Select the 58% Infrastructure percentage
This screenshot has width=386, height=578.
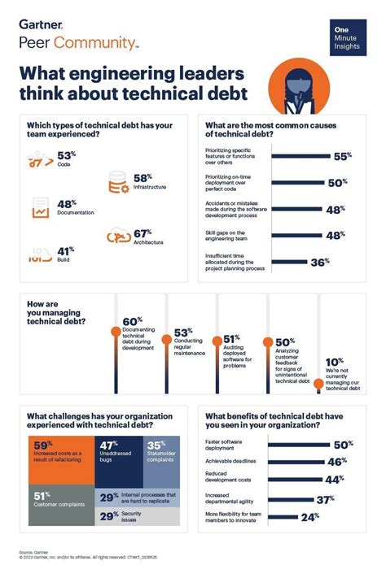(143, 177)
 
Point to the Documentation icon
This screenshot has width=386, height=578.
(41, 208)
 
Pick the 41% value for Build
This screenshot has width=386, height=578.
(66, 252)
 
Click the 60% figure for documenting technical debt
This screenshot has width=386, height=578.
(132, 321)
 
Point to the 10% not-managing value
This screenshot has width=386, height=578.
(334, 363)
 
